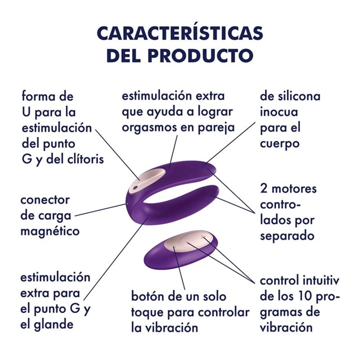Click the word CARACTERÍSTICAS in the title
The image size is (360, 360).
pyautogui.click(x=180, y=32)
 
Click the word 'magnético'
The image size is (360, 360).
pyautogui.click(x=50, y=231)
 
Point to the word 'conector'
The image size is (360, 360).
pyautogui.click(x=45, y=200)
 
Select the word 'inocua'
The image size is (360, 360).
pyautogui.click(x=279, y=112)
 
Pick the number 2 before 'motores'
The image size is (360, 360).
pyautogui.click(x=263, y=189)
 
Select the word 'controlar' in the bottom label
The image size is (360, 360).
pyautogui.click(x=223, y=312)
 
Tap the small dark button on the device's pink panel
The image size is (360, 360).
pyautogui.click(x=134, y=188)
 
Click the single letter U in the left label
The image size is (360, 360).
pyautogui.click(x=27, y=112)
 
